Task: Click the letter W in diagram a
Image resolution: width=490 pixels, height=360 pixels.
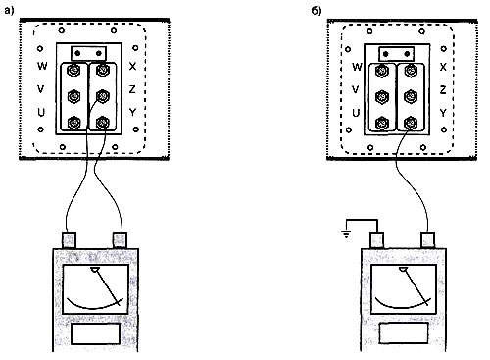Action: tap(42, 66)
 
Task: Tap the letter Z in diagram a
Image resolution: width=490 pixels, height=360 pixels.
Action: tap(132, 89)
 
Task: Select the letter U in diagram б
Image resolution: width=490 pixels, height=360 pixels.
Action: tap(356, 113)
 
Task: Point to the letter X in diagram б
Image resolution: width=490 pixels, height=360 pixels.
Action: tap(443, 67)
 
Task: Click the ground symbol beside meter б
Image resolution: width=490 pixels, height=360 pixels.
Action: tap(346, 233)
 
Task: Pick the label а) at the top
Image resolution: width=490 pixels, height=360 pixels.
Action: tap(10, 11)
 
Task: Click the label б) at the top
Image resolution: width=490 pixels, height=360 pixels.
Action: tap(317, 11)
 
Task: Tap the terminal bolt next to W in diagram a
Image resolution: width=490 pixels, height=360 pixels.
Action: tap(73, 70)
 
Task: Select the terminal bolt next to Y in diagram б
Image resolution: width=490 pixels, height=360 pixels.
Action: tap(411, 124)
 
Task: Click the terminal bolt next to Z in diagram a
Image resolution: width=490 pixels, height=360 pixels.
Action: tap(103, 96)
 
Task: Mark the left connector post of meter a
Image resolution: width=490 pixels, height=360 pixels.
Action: tap(69, 240)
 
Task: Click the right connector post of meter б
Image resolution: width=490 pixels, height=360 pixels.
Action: tap(427, 240)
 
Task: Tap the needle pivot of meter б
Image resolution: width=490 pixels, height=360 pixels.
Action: tap(403, 269)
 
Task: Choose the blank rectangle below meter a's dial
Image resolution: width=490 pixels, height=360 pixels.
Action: tap(95, 334)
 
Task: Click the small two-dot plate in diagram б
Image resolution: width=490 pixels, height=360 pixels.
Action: tap(396, 54)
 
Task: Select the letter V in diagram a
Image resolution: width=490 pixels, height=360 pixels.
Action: tap(41, 89)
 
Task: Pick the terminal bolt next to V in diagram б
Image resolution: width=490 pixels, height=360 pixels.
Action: tap(382, 97)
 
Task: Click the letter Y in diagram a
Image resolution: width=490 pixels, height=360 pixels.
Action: tap(132, 112)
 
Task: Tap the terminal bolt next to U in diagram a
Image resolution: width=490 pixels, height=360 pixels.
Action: tap(73, 123)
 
